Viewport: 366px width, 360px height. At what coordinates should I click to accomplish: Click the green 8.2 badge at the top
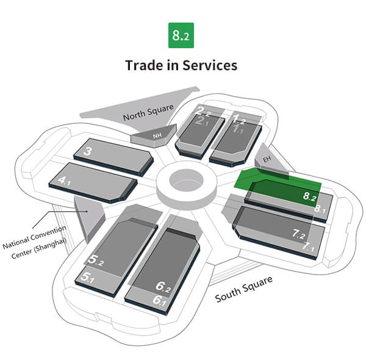point(181,36)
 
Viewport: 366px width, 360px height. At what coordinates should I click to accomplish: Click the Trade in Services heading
point(181,65)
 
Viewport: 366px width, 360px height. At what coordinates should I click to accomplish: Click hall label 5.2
point(95,262)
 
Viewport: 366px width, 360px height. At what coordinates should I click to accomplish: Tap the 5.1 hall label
point(88,278)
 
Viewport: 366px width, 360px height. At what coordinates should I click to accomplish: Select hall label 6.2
point(162,286)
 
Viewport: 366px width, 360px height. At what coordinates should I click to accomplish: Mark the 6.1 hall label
point(160,300)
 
